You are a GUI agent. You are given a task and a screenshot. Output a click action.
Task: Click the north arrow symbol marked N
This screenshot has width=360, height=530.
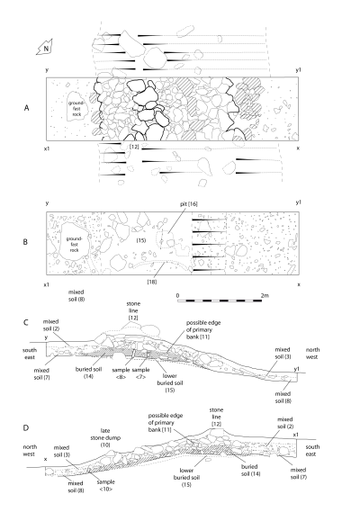45,48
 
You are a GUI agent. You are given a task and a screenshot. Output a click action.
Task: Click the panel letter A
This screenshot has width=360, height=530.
26,108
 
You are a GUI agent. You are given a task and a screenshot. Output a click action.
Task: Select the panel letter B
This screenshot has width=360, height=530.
25,242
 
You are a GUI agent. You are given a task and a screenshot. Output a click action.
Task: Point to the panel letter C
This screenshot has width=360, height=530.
26,322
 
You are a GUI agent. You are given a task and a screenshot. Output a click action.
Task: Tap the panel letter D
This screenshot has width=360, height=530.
26,427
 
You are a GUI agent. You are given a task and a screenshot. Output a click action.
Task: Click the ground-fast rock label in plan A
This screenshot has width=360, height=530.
76,109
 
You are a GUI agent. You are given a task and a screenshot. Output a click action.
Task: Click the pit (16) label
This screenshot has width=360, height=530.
189,204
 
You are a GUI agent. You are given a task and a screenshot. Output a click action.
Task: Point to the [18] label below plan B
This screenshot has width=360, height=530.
152,282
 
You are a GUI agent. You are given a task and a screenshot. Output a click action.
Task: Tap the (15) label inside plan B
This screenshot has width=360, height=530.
141,240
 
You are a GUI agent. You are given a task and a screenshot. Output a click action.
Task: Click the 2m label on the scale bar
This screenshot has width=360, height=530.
265,295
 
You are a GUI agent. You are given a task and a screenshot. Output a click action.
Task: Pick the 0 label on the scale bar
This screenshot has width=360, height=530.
178,296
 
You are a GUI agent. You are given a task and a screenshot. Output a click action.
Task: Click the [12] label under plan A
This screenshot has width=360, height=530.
134,147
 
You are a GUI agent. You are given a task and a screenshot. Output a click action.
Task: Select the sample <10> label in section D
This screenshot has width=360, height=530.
106,485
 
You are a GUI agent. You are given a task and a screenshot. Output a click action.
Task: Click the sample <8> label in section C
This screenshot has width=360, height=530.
121,373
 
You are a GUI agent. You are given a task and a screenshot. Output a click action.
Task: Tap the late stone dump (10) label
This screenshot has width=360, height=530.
105,437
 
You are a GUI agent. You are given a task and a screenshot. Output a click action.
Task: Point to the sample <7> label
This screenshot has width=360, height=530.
140,373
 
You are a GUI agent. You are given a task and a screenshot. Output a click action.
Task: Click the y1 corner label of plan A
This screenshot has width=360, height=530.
298,70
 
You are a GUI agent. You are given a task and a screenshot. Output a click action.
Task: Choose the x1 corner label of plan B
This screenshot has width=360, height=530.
47,284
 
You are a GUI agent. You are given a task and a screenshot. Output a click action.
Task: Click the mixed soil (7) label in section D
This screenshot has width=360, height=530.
299,473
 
